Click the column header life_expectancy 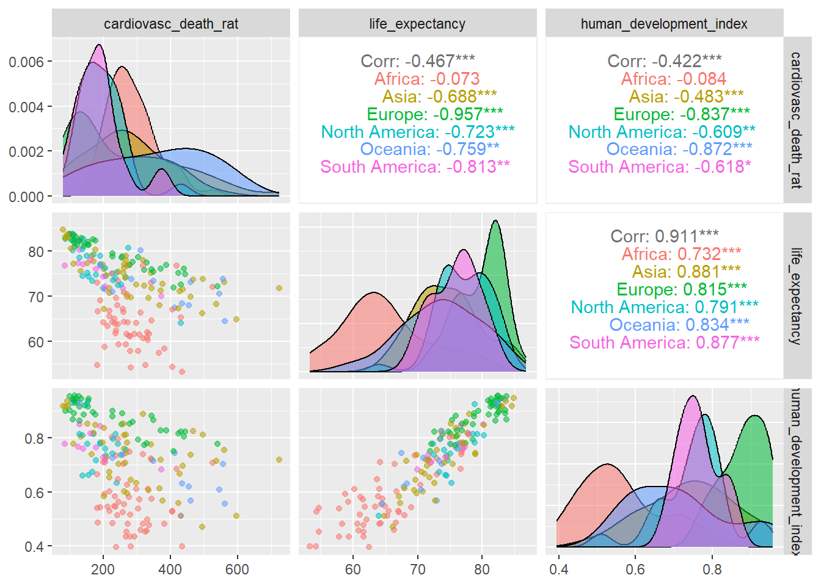417,24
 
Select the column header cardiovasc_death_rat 171,24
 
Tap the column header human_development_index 664,24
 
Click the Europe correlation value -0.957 434,114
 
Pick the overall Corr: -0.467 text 417,61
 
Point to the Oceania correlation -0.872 679,149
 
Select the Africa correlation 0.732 681,254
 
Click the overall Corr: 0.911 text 664,236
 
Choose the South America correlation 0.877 664,342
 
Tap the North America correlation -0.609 662,132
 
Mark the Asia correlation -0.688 439,96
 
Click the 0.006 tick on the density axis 26,62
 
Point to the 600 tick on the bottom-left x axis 237,570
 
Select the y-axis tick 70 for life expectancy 36,297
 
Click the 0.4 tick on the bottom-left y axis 34,546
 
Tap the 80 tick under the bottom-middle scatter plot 482,570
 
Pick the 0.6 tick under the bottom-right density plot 635,570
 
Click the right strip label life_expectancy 797,296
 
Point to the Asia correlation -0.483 686,96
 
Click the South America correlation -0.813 415,167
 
